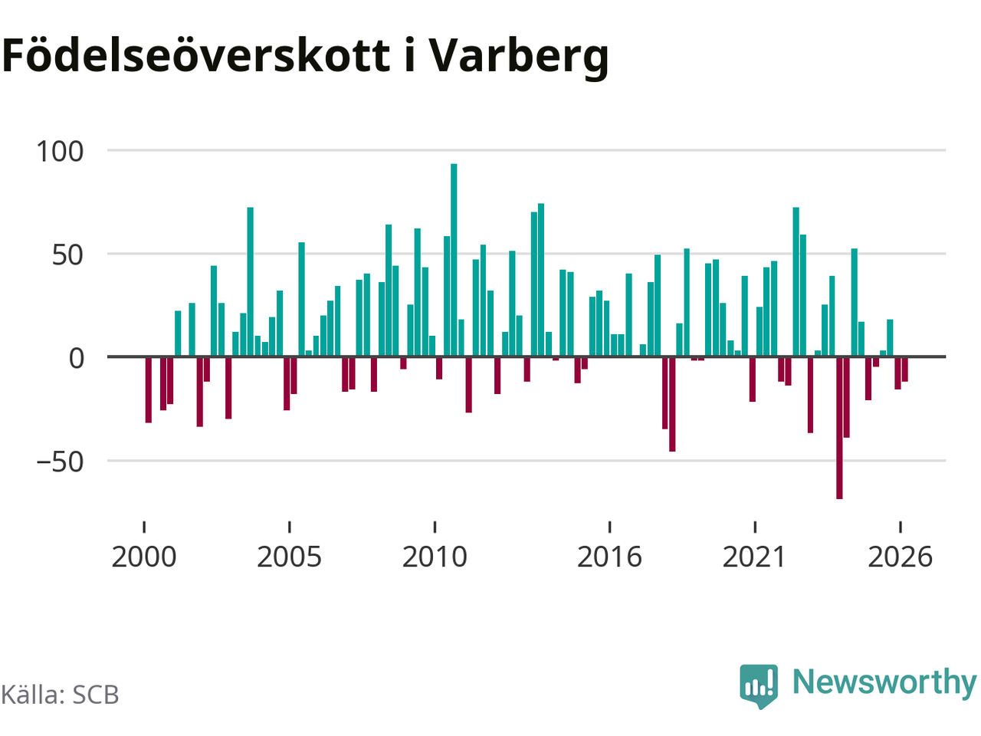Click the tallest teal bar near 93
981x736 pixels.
454,260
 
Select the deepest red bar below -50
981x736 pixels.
839,428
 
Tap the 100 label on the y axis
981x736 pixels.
60,151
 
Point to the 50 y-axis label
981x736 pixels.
67,255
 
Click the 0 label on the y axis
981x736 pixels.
77,358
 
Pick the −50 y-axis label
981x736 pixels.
60,462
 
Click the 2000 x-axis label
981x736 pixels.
144,557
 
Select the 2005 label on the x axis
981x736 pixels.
289,557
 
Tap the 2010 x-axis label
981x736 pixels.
435,557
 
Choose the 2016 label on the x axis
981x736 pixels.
609,557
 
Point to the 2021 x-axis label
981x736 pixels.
754,557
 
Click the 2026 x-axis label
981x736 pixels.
900,557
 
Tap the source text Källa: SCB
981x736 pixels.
60,695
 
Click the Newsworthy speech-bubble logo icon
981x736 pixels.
759,685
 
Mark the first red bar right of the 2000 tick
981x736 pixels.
149,389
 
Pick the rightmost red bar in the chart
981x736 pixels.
904,369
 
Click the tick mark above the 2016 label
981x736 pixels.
609,527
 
